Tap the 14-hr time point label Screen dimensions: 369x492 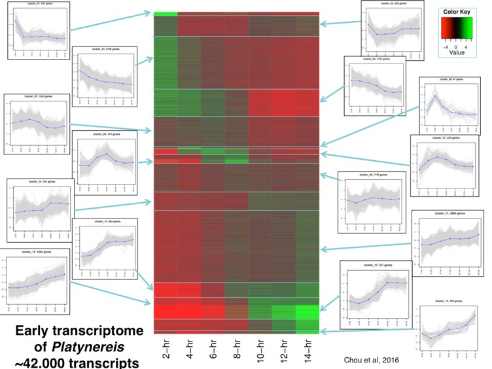pos(308,351)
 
